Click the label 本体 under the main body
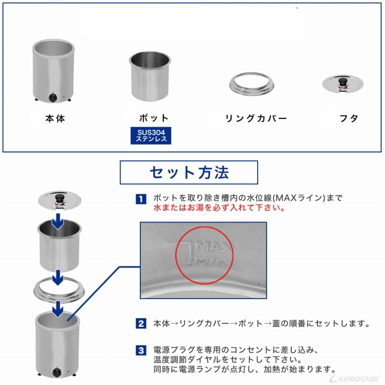pyautogui.click(x=55, y=118)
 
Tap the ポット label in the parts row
pyautogui.click(x=153, y=118)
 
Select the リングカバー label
pyautogui.click(x=256, y=118)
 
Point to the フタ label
pyautogui.click(x=349, y=118)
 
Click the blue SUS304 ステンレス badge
pyautogui.click(x=151, y=136)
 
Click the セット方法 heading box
pyautogui.click(x=189, y=172)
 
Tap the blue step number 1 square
pyautogui.click(x=141, y=199)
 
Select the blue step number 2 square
pyautogui.click(x=141, y=323)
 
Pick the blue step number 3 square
pyautogui.click(x=141, y=350)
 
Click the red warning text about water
pyautogui.click(x=219, y=208)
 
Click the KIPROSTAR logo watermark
pyautogui.click(x=355, y=379)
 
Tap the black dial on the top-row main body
pyautogui.click(x=52, y=98)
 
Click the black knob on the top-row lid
pyautogui.click(x=343, y=81)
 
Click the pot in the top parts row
pyautogui.click(x=150, y=76)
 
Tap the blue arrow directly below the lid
pyautogui.click(x=58, y=221)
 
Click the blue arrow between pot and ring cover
pyautogui.click(x=58, y=278)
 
